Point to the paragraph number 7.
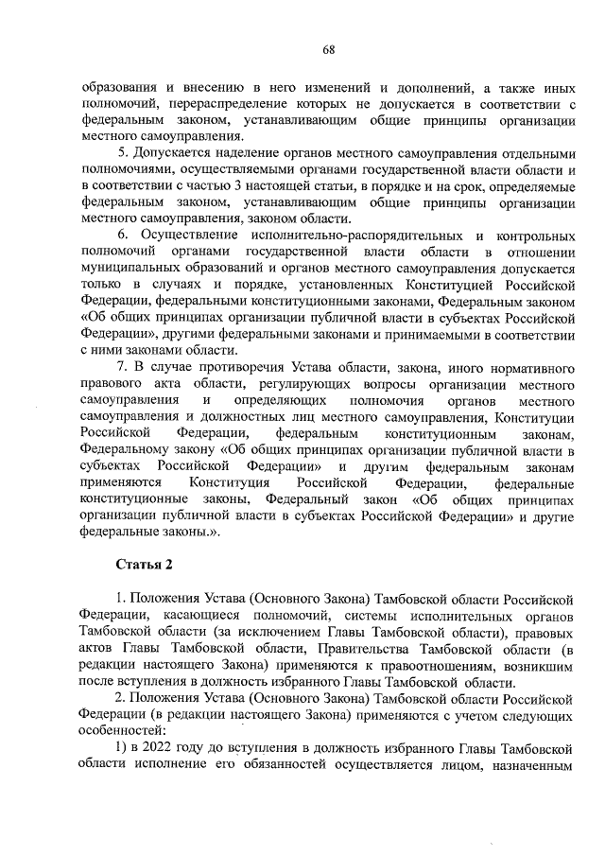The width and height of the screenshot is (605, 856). pos(120,365)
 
